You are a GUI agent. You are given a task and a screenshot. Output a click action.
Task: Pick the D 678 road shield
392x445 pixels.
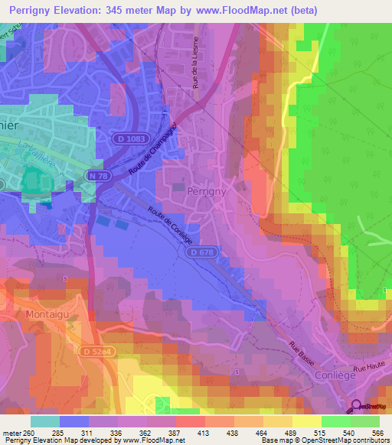[202, 252]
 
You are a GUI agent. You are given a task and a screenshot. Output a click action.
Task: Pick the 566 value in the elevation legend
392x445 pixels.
[375, 433]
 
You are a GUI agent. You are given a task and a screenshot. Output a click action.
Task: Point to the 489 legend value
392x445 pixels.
[289, 433]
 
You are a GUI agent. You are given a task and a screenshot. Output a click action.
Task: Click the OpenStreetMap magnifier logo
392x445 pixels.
[358, 407]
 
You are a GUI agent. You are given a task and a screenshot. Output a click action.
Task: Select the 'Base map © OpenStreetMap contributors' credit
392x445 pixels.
[325, 440]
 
